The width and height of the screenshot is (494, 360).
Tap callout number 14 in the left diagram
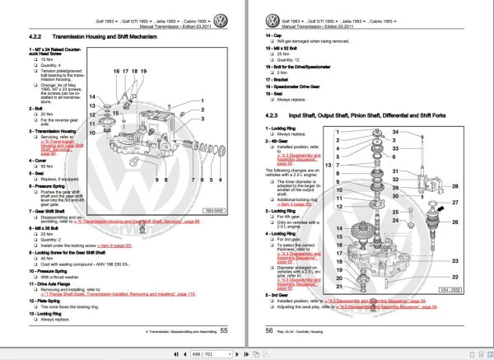[x=93, y=96]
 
